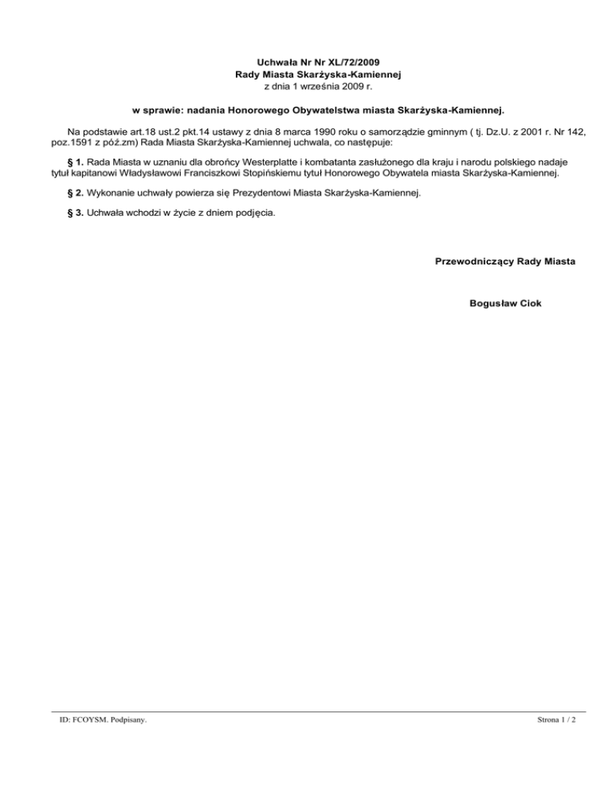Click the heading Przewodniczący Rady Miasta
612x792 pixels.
(506, 261)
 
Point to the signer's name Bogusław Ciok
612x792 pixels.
(506, 304)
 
